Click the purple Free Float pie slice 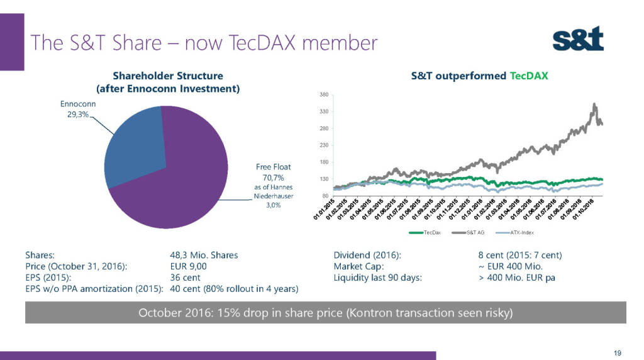click(x=182, y=189)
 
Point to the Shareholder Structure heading click(x=167, y=76)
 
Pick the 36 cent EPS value click(x=185, y=278)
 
